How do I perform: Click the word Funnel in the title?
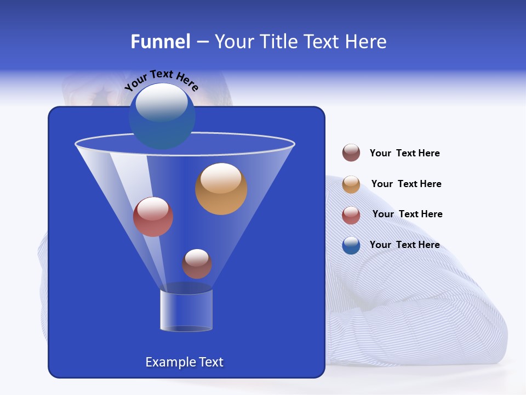point(160,42)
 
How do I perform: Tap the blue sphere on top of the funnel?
point(162,116)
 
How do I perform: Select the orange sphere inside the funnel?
point(221,189)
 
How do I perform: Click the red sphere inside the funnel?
point(153,217)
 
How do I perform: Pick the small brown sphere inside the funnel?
point(197,264)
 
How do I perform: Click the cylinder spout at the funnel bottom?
point(186,310)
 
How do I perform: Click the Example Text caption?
point(184,362)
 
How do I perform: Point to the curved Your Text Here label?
point(161,81)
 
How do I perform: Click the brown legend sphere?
point(351,153)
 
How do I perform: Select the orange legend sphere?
point(351,184)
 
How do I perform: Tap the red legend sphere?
point(351,215)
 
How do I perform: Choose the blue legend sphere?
point(351,245)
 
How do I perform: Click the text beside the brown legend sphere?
point(404,154)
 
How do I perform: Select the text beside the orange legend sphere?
point(406,184)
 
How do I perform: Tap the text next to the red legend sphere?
point(407,215)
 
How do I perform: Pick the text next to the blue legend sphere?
point(404,245)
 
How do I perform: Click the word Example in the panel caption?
point(169,362)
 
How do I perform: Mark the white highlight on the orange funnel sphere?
point(221,178)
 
